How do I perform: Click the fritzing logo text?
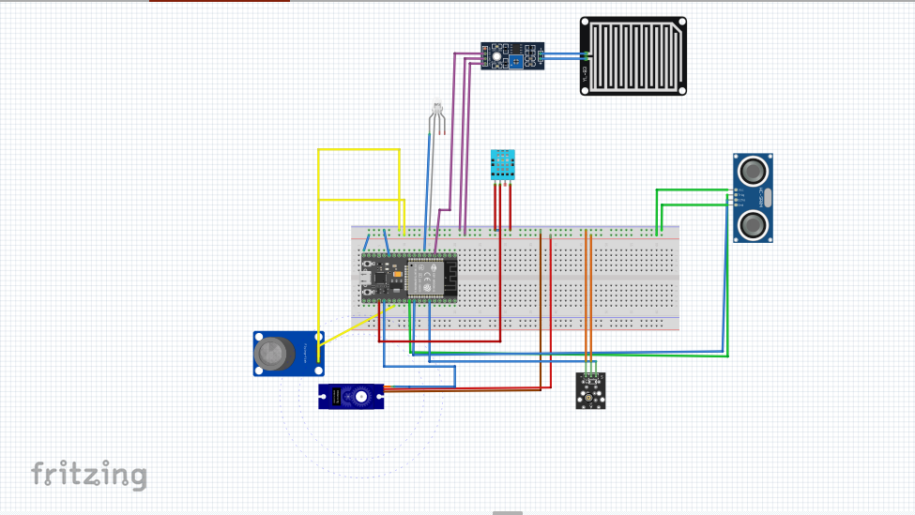pos(89,475)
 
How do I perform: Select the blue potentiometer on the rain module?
pos(516,61)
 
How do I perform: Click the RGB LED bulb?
pos(436,109)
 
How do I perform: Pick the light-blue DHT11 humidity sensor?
pos(503,164)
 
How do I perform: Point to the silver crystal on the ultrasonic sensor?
pos(767,198)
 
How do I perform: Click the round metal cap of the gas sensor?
pos(270,353)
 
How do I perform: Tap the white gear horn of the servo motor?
pos(361,397)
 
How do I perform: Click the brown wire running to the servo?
pos(465,390)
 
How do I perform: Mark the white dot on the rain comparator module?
pos(496,56)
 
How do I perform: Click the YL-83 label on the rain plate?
pos(585,73)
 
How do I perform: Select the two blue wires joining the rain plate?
pos(562,56)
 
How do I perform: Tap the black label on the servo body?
pos(333,397)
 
